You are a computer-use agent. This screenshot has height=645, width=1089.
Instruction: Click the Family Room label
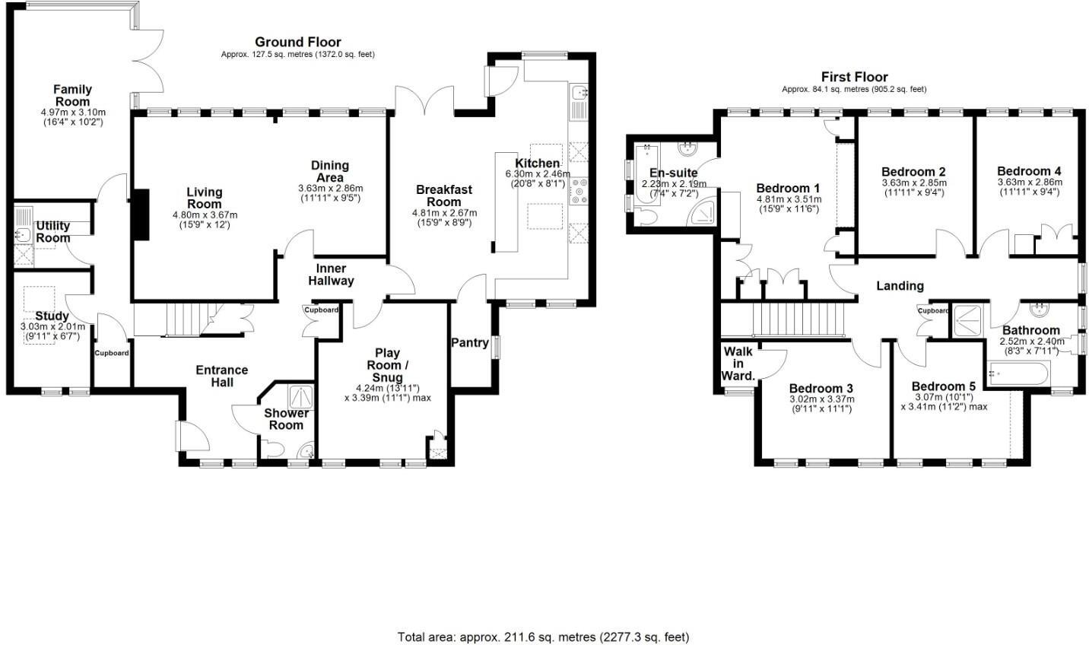(x=72, y=95)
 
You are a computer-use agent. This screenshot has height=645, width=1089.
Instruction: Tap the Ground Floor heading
(x=297, y=42)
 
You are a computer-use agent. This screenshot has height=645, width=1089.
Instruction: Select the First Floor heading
(x=854, y=77)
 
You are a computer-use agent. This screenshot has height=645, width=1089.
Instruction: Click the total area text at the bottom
(x=544, y=637)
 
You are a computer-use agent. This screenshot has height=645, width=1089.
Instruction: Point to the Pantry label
(x=470, y=342)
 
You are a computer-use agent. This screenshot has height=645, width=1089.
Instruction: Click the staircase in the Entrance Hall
(x=175, y=319)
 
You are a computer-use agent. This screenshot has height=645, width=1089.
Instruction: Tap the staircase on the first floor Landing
(x=798, y=319)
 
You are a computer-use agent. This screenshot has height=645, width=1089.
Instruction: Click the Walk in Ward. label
(x=738, y=363)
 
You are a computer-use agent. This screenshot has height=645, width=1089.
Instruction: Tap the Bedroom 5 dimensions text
(x=943, y=401)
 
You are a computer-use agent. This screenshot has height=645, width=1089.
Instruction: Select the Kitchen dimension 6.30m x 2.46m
(x=538, y=174)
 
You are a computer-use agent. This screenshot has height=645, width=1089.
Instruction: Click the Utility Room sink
(x=23, y=235)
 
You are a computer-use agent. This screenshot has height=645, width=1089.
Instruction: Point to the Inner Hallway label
(x=331, y=275)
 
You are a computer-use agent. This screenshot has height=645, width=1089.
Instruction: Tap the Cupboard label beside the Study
(x=112, y=353)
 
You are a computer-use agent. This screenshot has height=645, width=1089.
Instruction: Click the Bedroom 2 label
(x=913, y=171)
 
